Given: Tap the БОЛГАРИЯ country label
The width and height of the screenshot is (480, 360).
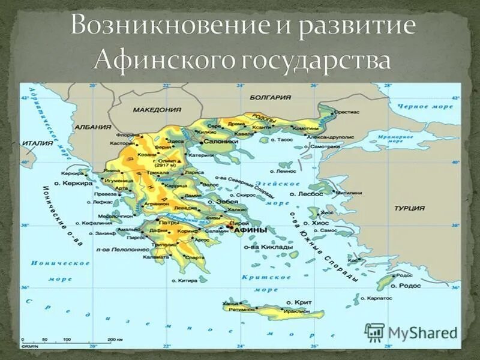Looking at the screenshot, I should click(x=271, y=97).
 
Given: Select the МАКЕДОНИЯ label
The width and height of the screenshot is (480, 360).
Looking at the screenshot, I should click(x=157, y=110).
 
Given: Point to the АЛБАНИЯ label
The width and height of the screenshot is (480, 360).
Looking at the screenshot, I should click(x=94, y=127).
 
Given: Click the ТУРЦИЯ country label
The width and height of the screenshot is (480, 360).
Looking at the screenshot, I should click(x=410, y=208).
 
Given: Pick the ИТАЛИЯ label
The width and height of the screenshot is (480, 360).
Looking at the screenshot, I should click(x=37, y=143).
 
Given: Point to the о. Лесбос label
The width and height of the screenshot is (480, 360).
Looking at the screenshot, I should click(x=307, y=194).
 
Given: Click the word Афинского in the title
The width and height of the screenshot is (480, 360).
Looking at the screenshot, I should click(x=160, y=60).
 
